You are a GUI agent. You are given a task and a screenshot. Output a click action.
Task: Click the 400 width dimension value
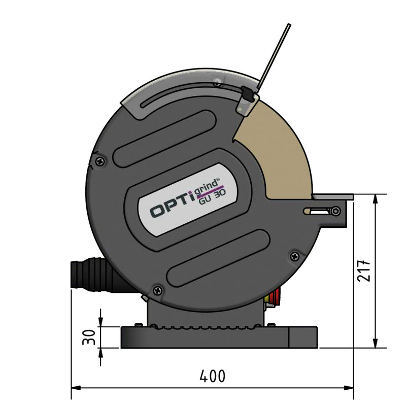click(x=212, y=377)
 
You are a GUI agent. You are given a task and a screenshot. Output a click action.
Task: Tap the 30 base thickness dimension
click(x=89, y=337)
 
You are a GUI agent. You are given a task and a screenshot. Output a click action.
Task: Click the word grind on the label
click(x=208, y=186)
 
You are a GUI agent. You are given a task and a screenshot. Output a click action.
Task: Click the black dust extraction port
click(x=86, y=275)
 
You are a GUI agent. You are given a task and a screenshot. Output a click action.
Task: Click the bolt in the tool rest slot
click(x=335, y=211)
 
